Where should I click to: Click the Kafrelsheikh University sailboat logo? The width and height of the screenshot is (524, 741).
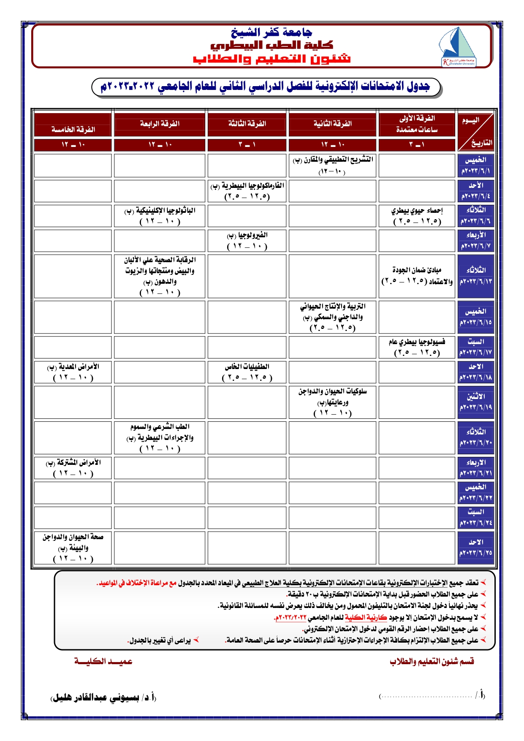[x=458, y=46]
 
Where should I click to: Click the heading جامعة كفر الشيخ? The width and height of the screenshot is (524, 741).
[x=272, y=32]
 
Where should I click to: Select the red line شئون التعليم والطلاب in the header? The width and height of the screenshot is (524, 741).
[x=272, y=58]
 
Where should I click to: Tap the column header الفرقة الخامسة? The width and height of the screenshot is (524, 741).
[x=73, y=129]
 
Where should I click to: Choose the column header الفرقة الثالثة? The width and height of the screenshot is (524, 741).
[x=247, y=123]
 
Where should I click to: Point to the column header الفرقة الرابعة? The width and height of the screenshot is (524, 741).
[x=160, y=123]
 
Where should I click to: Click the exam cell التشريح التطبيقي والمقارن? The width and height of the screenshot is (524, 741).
[x=333, y=165]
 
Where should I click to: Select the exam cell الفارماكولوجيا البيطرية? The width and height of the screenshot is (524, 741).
[x=247, y=191]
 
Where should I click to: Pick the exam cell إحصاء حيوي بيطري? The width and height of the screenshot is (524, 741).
[x=417, y=215]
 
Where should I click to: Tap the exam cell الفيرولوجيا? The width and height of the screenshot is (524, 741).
[x=247, y=240]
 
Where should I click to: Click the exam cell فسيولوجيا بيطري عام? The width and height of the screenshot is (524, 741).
[x=417, y=347]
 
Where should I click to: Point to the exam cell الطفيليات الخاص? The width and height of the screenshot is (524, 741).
[x=247, y=372]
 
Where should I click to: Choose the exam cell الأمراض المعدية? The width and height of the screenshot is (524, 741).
[x=73, y=372]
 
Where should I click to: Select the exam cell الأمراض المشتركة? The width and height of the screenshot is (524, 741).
[x=73, y=468]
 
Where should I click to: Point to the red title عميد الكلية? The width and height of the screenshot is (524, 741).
[x=103, y=661]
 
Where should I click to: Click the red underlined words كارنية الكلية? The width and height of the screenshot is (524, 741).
[x=360, y=618]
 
